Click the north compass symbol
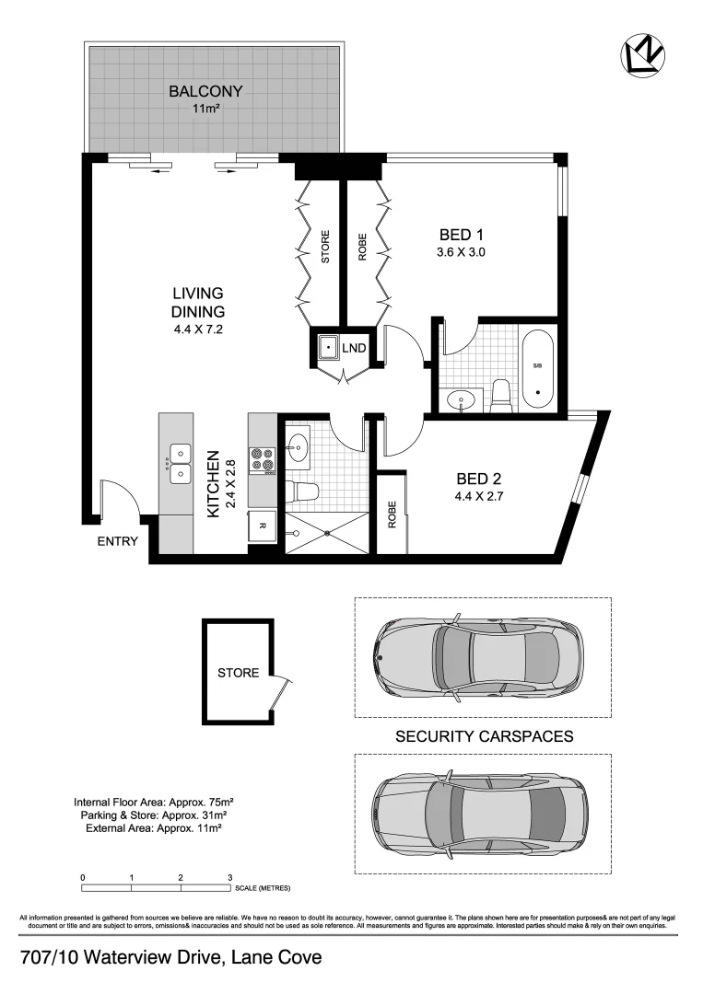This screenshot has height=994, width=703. [641, 55]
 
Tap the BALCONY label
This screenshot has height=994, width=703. [205, 91]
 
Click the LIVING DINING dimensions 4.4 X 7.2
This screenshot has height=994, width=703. [198, 329]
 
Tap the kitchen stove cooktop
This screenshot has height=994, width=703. [263, 459]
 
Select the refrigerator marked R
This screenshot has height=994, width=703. [262, 526]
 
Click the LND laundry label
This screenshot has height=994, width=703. [355, 349]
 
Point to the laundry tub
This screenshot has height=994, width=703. [326, 348]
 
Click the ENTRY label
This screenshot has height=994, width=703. [118, 541]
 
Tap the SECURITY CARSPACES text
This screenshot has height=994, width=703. [484, 736]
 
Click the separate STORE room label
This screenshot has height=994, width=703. [238, 673]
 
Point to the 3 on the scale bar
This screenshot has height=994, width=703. [229, 877]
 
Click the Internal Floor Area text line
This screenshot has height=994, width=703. [151, 802]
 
